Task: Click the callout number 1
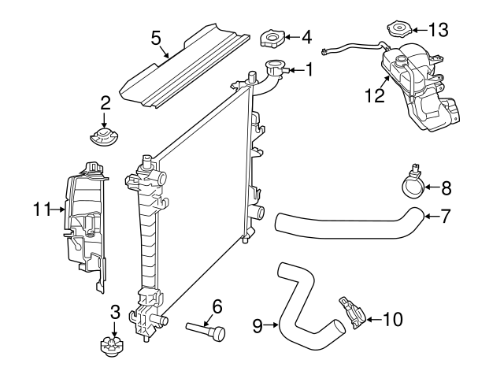click(x=308, y=70)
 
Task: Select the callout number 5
click(x=156, y=37)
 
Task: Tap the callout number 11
click(x=43, y=209)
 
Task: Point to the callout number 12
click(x=375, y=95)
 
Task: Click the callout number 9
click(x=258, y=323)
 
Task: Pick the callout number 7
click(x=445, y=214)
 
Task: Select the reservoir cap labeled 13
click(x=398, y=31)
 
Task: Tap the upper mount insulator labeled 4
click(x=272, y=38)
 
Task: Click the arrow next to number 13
click(x=418, y=30)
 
